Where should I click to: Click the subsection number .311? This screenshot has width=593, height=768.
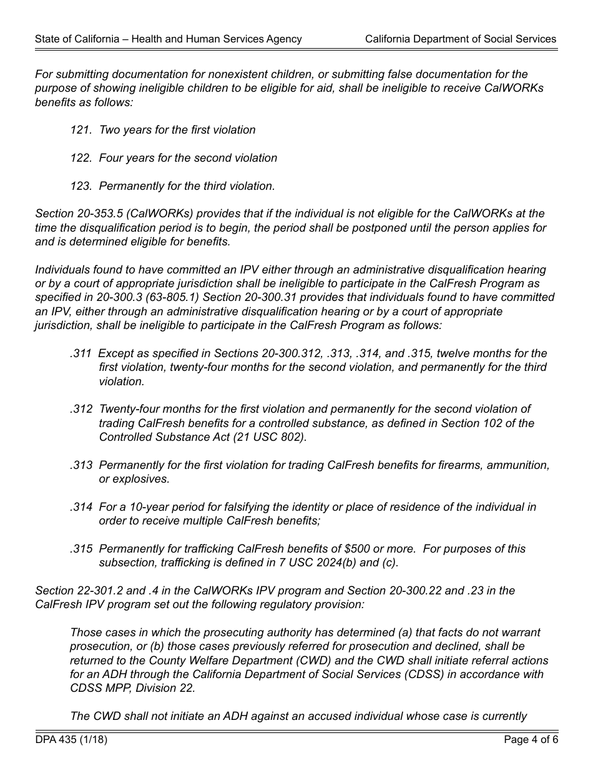point(81,353)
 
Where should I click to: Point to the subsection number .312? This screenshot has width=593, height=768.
point(81,409)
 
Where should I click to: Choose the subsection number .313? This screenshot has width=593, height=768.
point(81,465)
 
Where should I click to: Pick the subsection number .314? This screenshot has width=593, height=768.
point(81,507)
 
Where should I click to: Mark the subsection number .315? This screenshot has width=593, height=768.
point(81,549)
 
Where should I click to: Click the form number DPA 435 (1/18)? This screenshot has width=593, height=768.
point(66,741)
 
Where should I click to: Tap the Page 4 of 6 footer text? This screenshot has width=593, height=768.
point(531,741)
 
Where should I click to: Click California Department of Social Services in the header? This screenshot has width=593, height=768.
point(460,39)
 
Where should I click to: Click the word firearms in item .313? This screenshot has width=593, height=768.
point(461,465)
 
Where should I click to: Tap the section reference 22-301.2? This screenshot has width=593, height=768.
point(100,591)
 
